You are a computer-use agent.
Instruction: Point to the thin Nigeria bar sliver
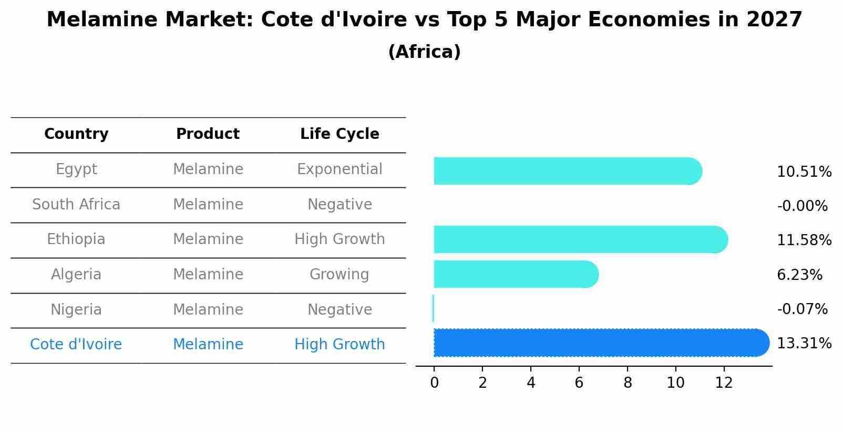(x=433, y=308)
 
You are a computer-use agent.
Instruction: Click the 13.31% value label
(x=804, y=344)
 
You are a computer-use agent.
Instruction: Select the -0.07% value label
(x=802, y=309)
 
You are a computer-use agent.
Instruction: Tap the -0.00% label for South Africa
(x=802, y=206)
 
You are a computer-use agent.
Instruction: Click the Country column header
(x=76, y=134)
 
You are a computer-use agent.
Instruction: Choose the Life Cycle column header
(x=340, y=134)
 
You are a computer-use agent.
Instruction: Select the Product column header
(x=208, y=134)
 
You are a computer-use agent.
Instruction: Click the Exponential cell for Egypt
(x=340, y=169)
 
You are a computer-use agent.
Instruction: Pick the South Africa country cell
(x=76, y=204)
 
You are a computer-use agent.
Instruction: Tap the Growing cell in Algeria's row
(x=340, y=274)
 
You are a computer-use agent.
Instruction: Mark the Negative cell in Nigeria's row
(x=340, y=309)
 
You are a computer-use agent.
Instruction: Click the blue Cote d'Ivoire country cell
(x=76, y=344)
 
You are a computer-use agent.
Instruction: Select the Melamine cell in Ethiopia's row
(x=208, y=239)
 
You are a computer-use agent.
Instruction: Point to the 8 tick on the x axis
(x=628, y=382)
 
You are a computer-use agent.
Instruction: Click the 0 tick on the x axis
(x=434, y=382)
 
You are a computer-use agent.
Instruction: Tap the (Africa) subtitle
(x=424, y=52)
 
